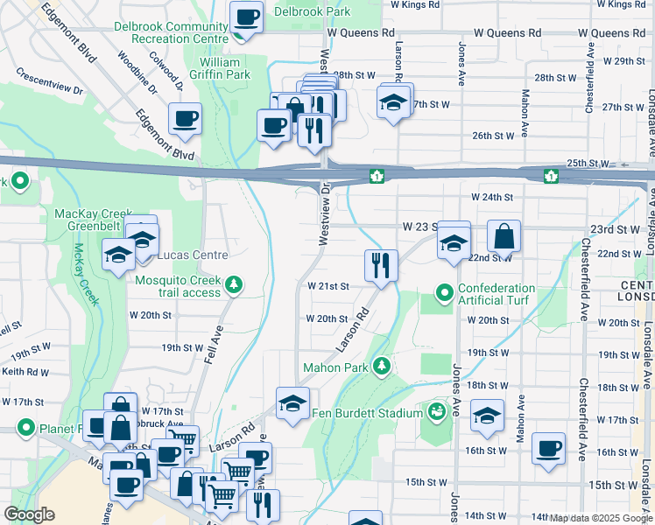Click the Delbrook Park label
(x=312, y=11)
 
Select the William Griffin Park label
(x=220, y=68)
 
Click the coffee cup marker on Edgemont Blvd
(x=185, y=119)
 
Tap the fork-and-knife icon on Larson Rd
(x=381, y=265)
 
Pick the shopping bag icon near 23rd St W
(x=504, y=235)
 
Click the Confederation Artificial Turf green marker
(x=445, y=292)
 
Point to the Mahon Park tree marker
(x=382, y=366)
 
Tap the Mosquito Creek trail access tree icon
(x=234, y=283)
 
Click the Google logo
(x=30, y=514)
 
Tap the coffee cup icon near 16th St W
(x=548, y=448)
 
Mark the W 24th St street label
(x=490, y=198)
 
